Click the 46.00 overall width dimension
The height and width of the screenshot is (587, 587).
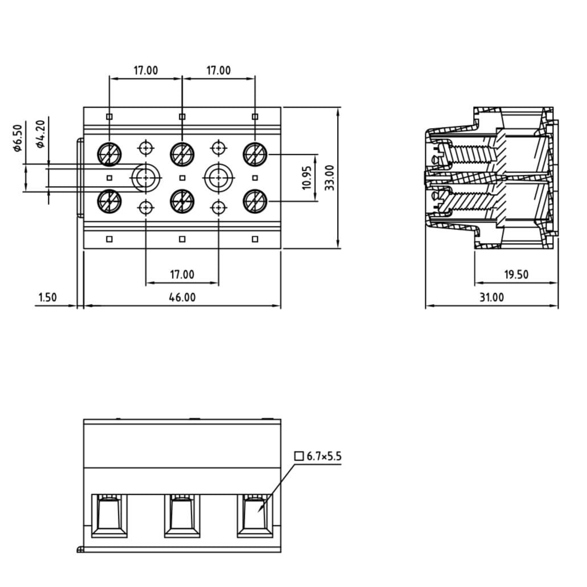click(x=182, y=297)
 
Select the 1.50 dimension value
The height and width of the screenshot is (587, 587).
click(x=48, y=297)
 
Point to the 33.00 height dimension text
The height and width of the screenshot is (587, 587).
click(x=330, y=177)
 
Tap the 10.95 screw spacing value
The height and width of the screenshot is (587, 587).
click(x=307, y=177)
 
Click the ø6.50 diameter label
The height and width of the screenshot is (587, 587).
click(x=17, y=138)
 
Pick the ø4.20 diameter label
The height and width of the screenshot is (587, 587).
click(x=40, y=134)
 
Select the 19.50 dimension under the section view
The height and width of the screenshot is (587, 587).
click(x=516, y=274)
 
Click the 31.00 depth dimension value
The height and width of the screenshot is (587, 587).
click(x=491, y=297)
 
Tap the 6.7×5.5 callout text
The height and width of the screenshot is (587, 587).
click(x=324, y=456)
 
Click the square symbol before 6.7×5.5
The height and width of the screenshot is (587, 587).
click(x=299, y=456)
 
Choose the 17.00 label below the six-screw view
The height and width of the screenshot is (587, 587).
click(x=182, y=274)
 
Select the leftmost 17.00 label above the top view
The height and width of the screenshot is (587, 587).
click(x=146, y=71)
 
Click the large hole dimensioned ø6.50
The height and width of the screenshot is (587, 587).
click(x=146, y=178)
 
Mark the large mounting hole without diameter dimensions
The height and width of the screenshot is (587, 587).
click(x=218, y=178)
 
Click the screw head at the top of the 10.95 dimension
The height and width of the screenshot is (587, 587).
click(x=254, y=154)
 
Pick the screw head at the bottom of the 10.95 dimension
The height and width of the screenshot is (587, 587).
click(x=254, y=202)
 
